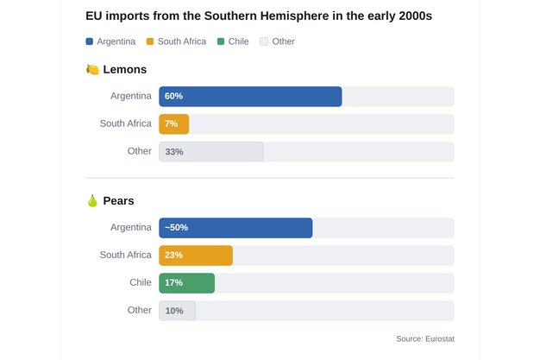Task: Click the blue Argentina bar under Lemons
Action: click(x=250, y=97)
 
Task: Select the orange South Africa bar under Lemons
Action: click(x=174, y=124)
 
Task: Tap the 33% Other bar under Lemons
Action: click(x=211, y=152)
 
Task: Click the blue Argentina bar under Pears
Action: click(x=235, y=228)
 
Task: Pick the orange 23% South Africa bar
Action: click(x=196, y=256)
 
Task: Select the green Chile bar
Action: click(x=186, y=283)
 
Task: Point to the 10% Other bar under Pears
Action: click(x=177, y=311)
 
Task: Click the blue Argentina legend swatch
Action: click(x=90, y=41)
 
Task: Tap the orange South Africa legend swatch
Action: click(x=150, y=41)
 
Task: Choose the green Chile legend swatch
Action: click(x=221, y=41)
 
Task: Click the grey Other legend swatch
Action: click(x=264, y=41)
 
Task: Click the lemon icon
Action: click(x=92, y=69)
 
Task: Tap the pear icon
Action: click(x=92, y=200)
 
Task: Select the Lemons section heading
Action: click(x=125, y=69)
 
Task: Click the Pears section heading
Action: click(x=118, y=200)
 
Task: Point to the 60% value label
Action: click(x=173, y=96)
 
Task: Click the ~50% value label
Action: click(x=176, y=228)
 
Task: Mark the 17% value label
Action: click(x=173, y=283)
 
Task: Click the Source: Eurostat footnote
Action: click(x=425, y=339)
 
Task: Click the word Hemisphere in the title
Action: click(x=294, y=16)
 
